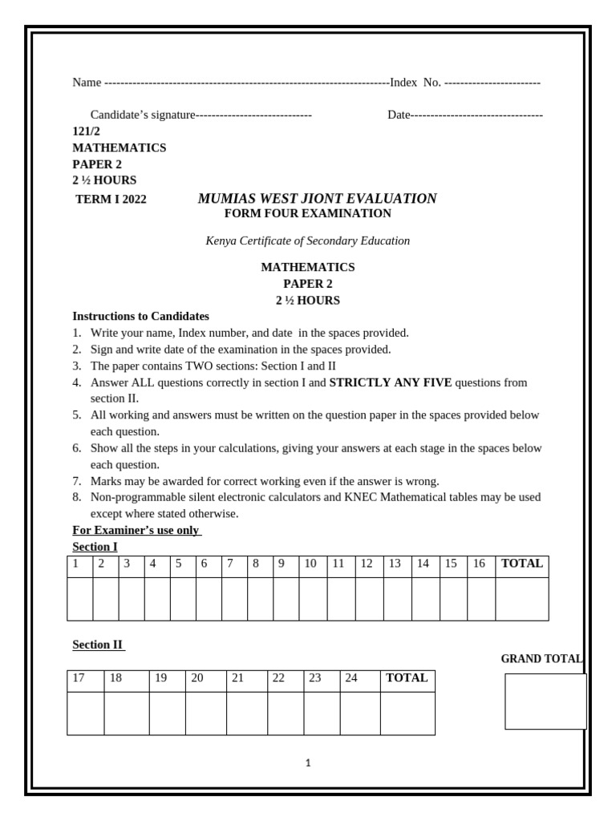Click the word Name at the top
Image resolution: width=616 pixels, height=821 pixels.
pos(87,83)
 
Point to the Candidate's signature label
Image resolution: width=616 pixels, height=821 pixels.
pos(143,115)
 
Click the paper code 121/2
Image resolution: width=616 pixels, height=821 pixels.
pos(87,131)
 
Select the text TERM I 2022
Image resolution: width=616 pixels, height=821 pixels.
pos(111,200)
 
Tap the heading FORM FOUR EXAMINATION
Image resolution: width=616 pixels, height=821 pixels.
pos(307,213)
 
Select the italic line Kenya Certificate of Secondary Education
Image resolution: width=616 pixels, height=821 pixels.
pos(307,241)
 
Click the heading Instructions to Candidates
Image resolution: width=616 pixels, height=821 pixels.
pos(140,316)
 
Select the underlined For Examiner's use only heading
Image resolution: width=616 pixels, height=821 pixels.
pos(136,530)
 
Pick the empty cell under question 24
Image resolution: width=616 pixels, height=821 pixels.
pos(360,713)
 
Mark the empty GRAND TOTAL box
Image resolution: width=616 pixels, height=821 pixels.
pos(545,702)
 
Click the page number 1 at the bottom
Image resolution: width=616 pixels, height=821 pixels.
pos(308,763)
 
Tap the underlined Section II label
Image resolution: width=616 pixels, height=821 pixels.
pos(99,644)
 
